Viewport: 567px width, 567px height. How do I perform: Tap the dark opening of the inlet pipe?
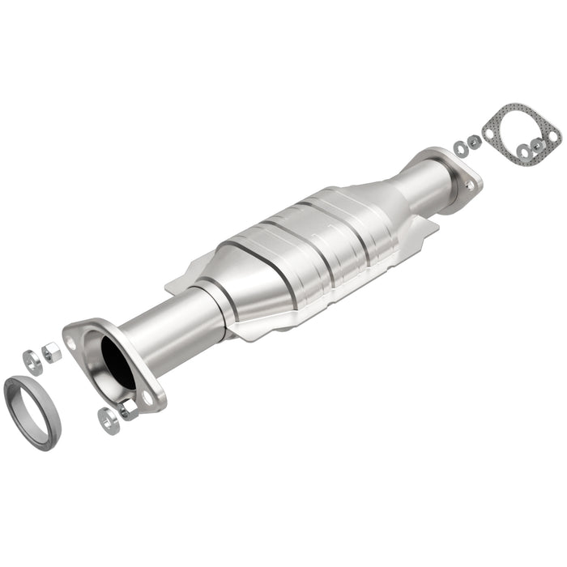click(117, 361)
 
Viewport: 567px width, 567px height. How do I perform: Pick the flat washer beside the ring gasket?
click(32, 359)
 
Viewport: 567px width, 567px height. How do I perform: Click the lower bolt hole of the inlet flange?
click(149, 397)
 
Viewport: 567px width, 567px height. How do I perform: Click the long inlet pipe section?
click(174, 324)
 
